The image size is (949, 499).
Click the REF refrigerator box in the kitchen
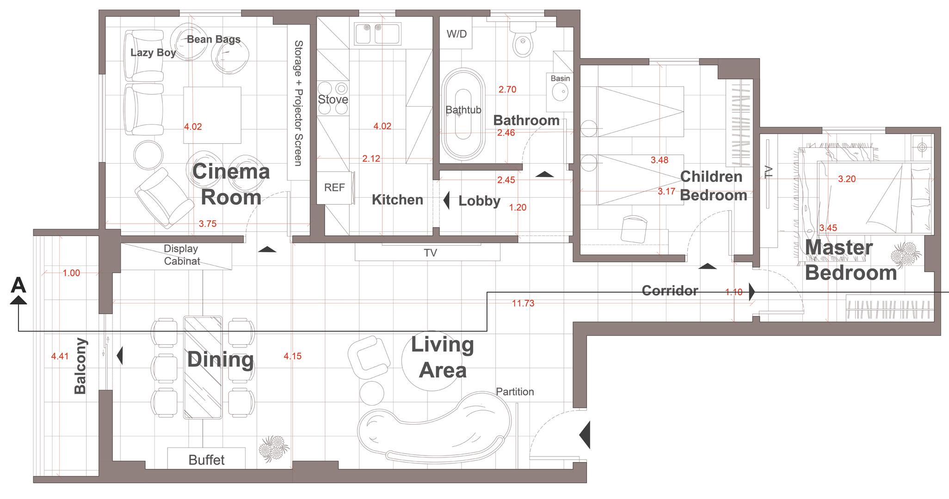pos(335,188)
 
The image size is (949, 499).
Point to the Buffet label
pos(206,460)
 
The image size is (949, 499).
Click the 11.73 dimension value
pos(523,304)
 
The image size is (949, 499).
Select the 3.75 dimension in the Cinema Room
pos(208,224)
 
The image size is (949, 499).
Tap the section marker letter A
pos(18,285)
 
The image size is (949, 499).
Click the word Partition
pos(515,392)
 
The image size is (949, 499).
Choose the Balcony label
pos(80,366)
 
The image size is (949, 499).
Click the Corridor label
pos(670,291)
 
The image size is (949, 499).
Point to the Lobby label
pos(479,201)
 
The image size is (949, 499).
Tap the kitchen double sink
pos(377,33)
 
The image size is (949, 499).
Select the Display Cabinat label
pos(181,255)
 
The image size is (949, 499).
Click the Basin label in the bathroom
pos(560,79)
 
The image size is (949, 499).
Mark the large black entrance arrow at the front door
pos(585,435)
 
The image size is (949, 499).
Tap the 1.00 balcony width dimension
pos(71,273)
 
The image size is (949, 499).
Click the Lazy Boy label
pos(153,53)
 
